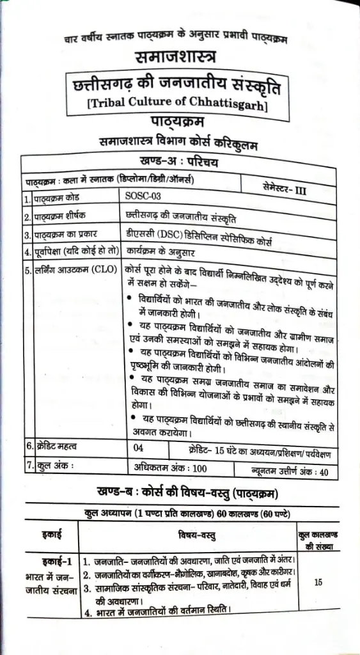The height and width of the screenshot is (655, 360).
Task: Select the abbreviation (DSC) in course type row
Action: pyautogui.click(x=164, y=233)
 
